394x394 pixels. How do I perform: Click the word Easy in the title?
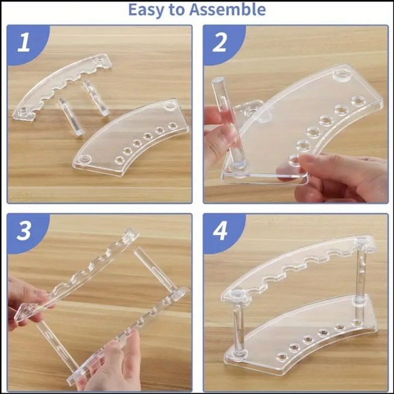(147, 10)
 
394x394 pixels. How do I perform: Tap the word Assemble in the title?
(229, 10)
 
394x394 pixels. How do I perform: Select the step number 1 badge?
(24, 43)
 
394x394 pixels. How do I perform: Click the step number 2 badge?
(219, 43)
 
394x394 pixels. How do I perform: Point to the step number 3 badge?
(24, 231)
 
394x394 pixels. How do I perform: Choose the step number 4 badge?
(219, 231)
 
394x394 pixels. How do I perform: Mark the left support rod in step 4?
(238, 326)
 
